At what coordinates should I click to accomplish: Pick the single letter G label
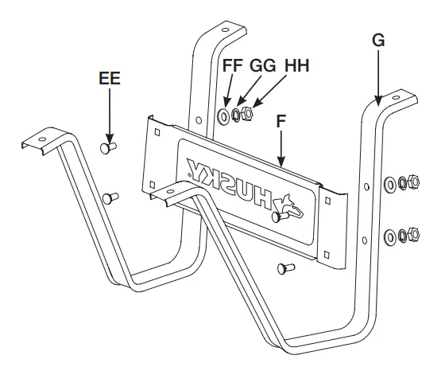[378, 41]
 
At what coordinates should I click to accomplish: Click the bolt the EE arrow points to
[109, 148]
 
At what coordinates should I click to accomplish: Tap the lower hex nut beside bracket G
[415, 234]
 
